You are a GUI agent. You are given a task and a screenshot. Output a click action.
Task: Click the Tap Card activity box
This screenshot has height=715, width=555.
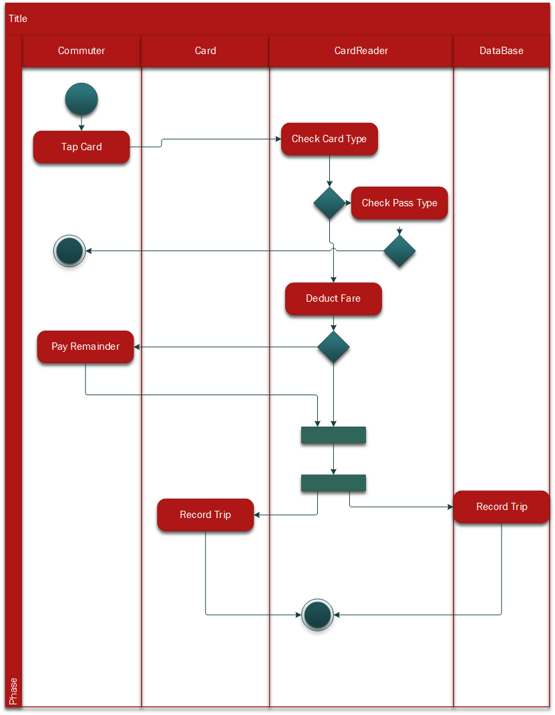point(81,147)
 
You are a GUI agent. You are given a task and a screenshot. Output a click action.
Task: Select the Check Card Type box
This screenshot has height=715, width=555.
point(329,139)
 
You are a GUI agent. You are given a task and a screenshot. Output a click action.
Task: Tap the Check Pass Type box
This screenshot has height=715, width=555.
point(399,203)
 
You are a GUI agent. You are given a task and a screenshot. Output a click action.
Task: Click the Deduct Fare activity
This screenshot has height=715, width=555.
point(333,298)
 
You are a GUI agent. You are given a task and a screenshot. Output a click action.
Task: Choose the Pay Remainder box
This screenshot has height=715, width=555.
point(85,346)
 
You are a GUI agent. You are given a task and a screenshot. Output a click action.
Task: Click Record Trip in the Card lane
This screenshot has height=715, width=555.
point(205,515)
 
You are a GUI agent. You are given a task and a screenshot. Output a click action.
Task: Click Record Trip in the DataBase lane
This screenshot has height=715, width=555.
point(502,507)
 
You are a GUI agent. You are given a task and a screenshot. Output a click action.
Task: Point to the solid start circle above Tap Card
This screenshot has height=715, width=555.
point(81,99)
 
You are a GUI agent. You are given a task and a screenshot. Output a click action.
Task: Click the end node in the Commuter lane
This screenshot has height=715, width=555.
point(69,251)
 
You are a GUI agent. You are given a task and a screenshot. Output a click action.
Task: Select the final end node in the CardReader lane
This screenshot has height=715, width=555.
point(317,614)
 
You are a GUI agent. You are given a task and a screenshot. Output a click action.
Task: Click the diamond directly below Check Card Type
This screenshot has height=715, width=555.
point(329,203)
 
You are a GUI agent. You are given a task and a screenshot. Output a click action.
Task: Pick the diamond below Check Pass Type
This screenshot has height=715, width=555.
point(399,251)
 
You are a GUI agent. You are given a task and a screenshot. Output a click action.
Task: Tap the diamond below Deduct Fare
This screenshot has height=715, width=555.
point(333,347)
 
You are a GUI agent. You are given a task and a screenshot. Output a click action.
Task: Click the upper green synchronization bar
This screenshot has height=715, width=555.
point(333,435)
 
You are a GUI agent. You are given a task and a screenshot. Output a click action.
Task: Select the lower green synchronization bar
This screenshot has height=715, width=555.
point(333,483)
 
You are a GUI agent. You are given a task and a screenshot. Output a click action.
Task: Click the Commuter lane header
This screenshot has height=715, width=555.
point(81,51)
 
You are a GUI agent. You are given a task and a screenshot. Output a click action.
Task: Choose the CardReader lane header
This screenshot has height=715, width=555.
point(361,51)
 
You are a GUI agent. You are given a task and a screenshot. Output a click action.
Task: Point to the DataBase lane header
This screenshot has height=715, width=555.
point(502,51)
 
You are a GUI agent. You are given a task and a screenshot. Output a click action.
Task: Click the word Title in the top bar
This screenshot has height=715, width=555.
point(18,19)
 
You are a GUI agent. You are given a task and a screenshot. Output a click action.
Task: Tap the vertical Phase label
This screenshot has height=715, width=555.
point(13,691)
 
